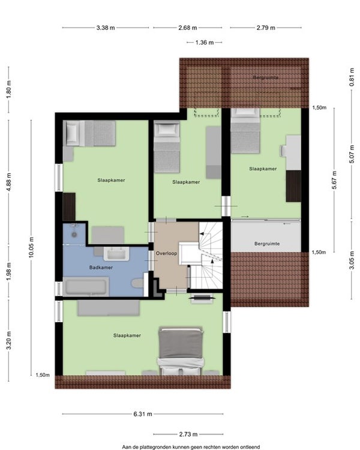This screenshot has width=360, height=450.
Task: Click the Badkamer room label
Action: pos(101,268)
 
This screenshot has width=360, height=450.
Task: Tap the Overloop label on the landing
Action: pos(166,253)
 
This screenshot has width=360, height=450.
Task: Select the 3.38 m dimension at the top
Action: pos(106,28)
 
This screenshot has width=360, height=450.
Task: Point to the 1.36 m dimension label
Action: pos(205,43)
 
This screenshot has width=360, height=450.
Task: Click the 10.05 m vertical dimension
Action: pos(31,247)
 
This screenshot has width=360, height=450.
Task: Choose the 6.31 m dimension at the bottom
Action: pos(143,414)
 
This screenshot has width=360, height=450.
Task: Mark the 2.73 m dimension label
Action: pos(188,434)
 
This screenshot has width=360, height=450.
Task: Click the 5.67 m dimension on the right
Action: pos(334,180)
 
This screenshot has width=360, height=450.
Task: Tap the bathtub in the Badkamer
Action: pos(86,287)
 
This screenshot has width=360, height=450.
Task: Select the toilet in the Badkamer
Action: pos(138,283)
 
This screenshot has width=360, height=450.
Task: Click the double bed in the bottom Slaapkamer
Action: pos(181,351)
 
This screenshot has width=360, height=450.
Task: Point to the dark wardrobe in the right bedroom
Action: pos(293,186)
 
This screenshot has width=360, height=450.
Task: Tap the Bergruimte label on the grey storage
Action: pos(267,244)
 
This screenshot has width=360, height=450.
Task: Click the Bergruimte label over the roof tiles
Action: pos(266,77)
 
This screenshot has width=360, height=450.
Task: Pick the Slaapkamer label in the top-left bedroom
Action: pos(111,180)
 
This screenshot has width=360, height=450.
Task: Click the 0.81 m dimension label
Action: pos(352,77)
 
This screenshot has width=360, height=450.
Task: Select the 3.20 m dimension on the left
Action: pos(9,340)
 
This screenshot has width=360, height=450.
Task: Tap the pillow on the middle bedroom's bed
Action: pos(167,129)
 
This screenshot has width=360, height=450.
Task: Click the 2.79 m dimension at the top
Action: pos(266,28)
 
